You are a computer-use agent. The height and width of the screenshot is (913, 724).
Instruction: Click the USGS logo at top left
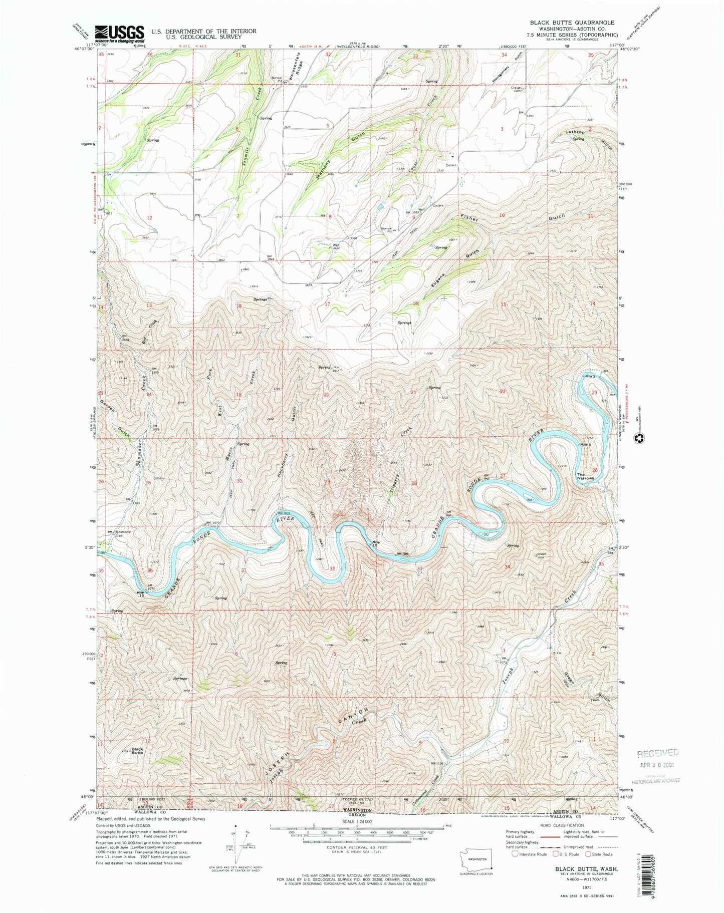click(x=119, y=34)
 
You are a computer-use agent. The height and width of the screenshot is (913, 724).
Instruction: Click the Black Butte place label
click(x=137, y=751)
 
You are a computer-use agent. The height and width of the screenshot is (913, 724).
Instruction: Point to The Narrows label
click(x=585, y=476)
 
